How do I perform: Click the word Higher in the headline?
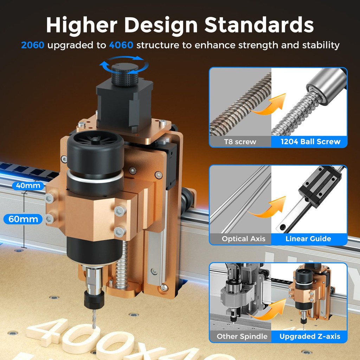pos(82,25)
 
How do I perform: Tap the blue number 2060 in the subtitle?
pos(33,45)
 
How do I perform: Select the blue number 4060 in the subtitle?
pos(121,45)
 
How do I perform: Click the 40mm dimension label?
pos(28,186)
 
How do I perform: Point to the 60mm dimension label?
pos(23,219)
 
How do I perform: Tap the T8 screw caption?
pos(240,142)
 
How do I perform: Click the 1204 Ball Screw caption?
pos(310,141)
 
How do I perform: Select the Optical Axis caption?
pos(243,239)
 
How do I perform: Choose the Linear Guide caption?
pos(308,239)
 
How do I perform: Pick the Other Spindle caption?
pos(242,336)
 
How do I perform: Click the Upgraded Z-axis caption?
pos(310,336)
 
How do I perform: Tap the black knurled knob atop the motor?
pos(125,75)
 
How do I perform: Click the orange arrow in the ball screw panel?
pos(269,105)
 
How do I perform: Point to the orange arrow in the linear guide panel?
pos(269,208)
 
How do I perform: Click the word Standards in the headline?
pos(259,25)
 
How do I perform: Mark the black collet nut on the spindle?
pos(94,299)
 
